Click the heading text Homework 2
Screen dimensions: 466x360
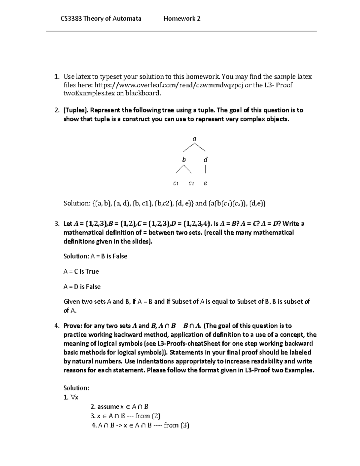point(182,19)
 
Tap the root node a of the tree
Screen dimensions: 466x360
point(194,139)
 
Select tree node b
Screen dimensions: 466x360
point(184,160)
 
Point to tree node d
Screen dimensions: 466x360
point(205,160)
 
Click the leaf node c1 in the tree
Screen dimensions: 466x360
point(176,183)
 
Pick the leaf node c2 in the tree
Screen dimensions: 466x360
point(191,183)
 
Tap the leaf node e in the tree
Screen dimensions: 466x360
point(205,183)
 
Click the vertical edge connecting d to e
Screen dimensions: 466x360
point(205,170)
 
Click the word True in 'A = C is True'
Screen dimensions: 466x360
point(92,272)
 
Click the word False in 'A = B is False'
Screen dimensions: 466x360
point(120,256)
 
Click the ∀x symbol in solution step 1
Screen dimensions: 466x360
point(75,398)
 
